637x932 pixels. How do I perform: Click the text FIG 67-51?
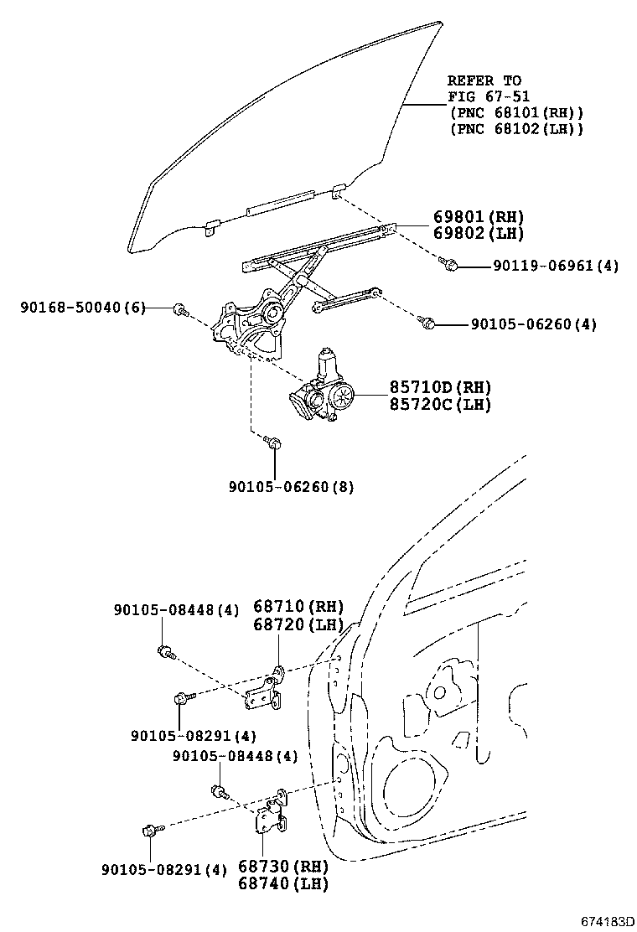click(489, 96)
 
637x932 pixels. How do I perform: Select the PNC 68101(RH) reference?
click(515, 112)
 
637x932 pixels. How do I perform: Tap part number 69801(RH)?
click(478, 216)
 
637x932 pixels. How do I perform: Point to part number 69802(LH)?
click(478, 233)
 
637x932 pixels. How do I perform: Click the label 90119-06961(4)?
click(555, 266)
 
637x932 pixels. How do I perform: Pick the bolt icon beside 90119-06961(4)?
click(448, 265)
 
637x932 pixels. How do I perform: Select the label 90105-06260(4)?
click(533, 324)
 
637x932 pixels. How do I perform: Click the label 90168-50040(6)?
click(82, 308)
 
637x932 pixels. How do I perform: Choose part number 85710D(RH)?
click(439, 387)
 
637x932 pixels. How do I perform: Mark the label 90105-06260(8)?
click(289, 486)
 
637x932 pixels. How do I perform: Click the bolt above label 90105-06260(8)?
click(272, 442)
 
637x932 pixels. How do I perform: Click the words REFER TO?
click(484, 80)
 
